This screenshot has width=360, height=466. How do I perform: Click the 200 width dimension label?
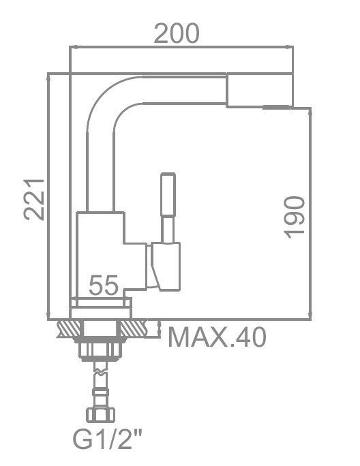(x=177, y=33)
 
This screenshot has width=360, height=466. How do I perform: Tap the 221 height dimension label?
(x=34, y=200)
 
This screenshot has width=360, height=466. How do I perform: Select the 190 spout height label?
(x=295, y=217)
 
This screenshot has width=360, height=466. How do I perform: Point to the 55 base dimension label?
(x=104, y=285)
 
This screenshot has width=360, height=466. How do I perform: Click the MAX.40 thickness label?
(x=217, y=337)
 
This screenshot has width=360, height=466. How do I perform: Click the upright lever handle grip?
(x=168, y=194)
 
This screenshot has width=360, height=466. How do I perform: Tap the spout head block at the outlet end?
(x=260, y=90)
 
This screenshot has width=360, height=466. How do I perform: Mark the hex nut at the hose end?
(x=100, y=415)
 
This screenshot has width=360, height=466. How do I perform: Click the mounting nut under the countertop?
(x=101, y=351)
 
